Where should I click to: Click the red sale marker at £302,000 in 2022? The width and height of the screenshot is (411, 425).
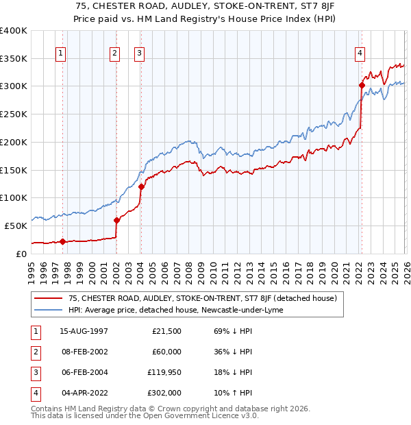pos(361,86)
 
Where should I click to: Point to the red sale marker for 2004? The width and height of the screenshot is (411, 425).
pos(141,186)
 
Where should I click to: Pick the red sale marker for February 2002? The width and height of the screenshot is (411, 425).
pos(116,220)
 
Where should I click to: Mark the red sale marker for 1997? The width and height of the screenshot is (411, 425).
pos(62,241)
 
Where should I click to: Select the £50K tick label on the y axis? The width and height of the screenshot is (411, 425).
pos(16,226)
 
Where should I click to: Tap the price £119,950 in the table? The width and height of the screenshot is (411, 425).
pos(162,373)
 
